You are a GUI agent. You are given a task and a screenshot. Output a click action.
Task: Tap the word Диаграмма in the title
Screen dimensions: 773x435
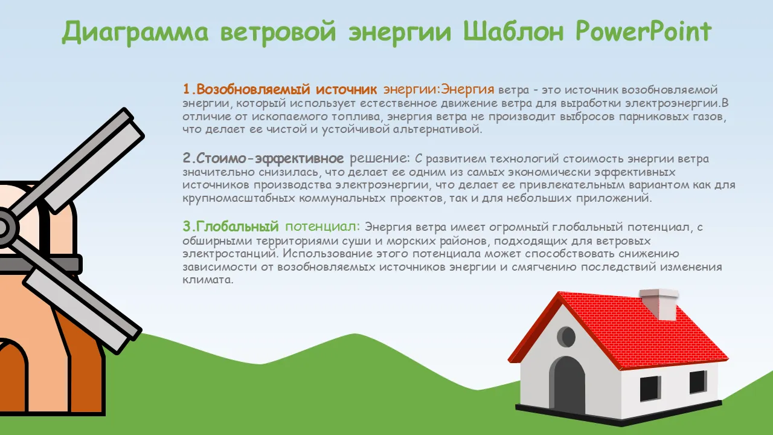click(135, 33)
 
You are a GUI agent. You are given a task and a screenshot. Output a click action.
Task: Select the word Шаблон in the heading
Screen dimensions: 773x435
click(513, 31)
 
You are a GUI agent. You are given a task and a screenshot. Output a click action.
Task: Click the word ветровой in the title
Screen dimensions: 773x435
click(278, 33)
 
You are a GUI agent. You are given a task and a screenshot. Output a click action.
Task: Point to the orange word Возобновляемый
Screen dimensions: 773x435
click(253, 89)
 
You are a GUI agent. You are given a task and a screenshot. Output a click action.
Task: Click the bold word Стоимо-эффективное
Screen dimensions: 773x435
click(270, 158)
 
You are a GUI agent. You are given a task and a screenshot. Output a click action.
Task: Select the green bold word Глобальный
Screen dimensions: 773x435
click(237, 227)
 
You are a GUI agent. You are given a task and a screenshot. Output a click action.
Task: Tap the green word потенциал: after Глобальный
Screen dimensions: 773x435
click(322, 227)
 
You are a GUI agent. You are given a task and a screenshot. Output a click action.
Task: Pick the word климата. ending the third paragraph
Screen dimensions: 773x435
click(208, 280)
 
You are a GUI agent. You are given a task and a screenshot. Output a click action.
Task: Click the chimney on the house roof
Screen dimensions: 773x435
click(658, 304)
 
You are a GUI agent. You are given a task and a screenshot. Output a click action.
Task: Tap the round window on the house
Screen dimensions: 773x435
click(566, 337)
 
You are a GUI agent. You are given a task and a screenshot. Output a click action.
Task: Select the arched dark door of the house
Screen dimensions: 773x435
click(567, 385)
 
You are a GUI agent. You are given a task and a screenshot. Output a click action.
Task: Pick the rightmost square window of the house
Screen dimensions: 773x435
click(698, 382)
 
